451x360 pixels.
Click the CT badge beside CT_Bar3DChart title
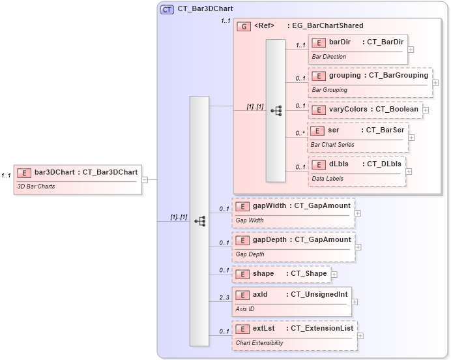click(167, 10)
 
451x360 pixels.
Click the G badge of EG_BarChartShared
click(244, 26)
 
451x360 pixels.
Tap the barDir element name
click(340, 42)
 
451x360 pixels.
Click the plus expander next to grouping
click(435, 83)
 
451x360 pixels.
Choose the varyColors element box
click(364, 110)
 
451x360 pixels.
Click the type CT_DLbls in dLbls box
click(385, 164)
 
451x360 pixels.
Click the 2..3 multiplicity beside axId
click(224, 298)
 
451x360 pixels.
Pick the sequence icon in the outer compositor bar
click(199, 221)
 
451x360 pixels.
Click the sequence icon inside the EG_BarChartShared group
click(276, 110)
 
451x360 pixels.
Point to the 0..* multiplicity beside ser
click(300, 134)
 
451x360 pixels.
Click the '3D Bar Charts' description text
click(36, 187)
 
